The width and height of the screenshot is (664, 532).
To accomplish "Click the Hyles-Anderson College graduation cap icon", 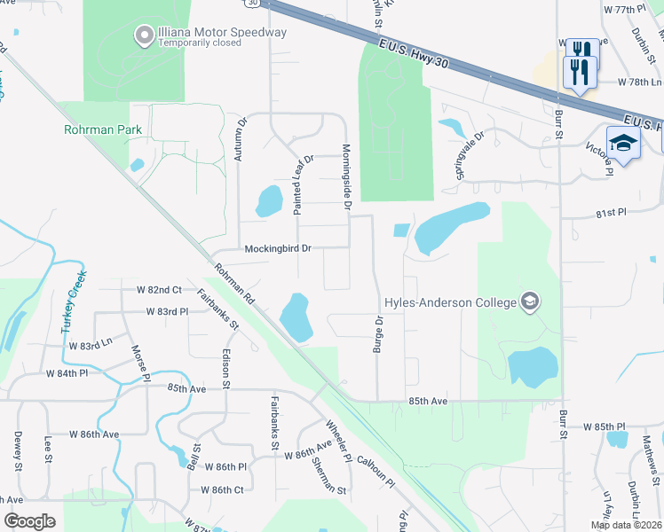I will [x=530, y=302].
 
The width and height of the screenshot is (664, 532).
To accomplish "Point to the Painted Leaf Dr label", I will [x=304, y=184].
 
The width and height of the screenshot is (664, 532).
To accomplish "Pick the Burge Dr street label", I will [x=378, y=334].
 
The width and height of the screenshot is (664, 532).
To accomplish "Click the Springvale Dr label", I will [x=469, y=154].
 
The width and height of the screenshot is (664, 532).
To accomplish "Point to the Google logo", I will [x=30, y=521].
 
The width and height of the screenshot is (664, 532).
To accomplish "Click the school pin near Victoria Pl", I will [x=623, y=144].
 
